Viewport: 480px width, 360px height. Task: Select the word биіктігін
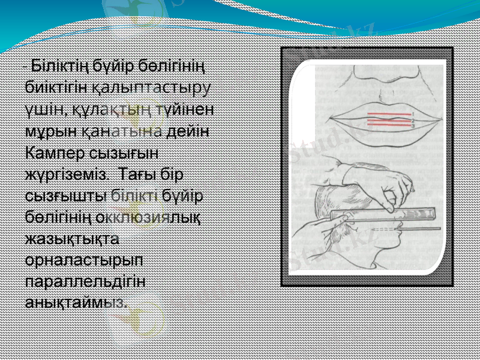pyautogui.click(x=58, y=88)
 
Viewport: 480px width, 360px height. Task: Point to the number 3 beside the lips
pyautogui.click(x=413, y=126)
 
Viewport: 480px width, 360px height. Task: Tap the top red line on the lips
pyautogui.click(x=387, y=113)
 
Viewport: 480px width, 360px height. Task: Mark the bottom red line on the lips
pyautogui.click(x=387, y=125)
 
